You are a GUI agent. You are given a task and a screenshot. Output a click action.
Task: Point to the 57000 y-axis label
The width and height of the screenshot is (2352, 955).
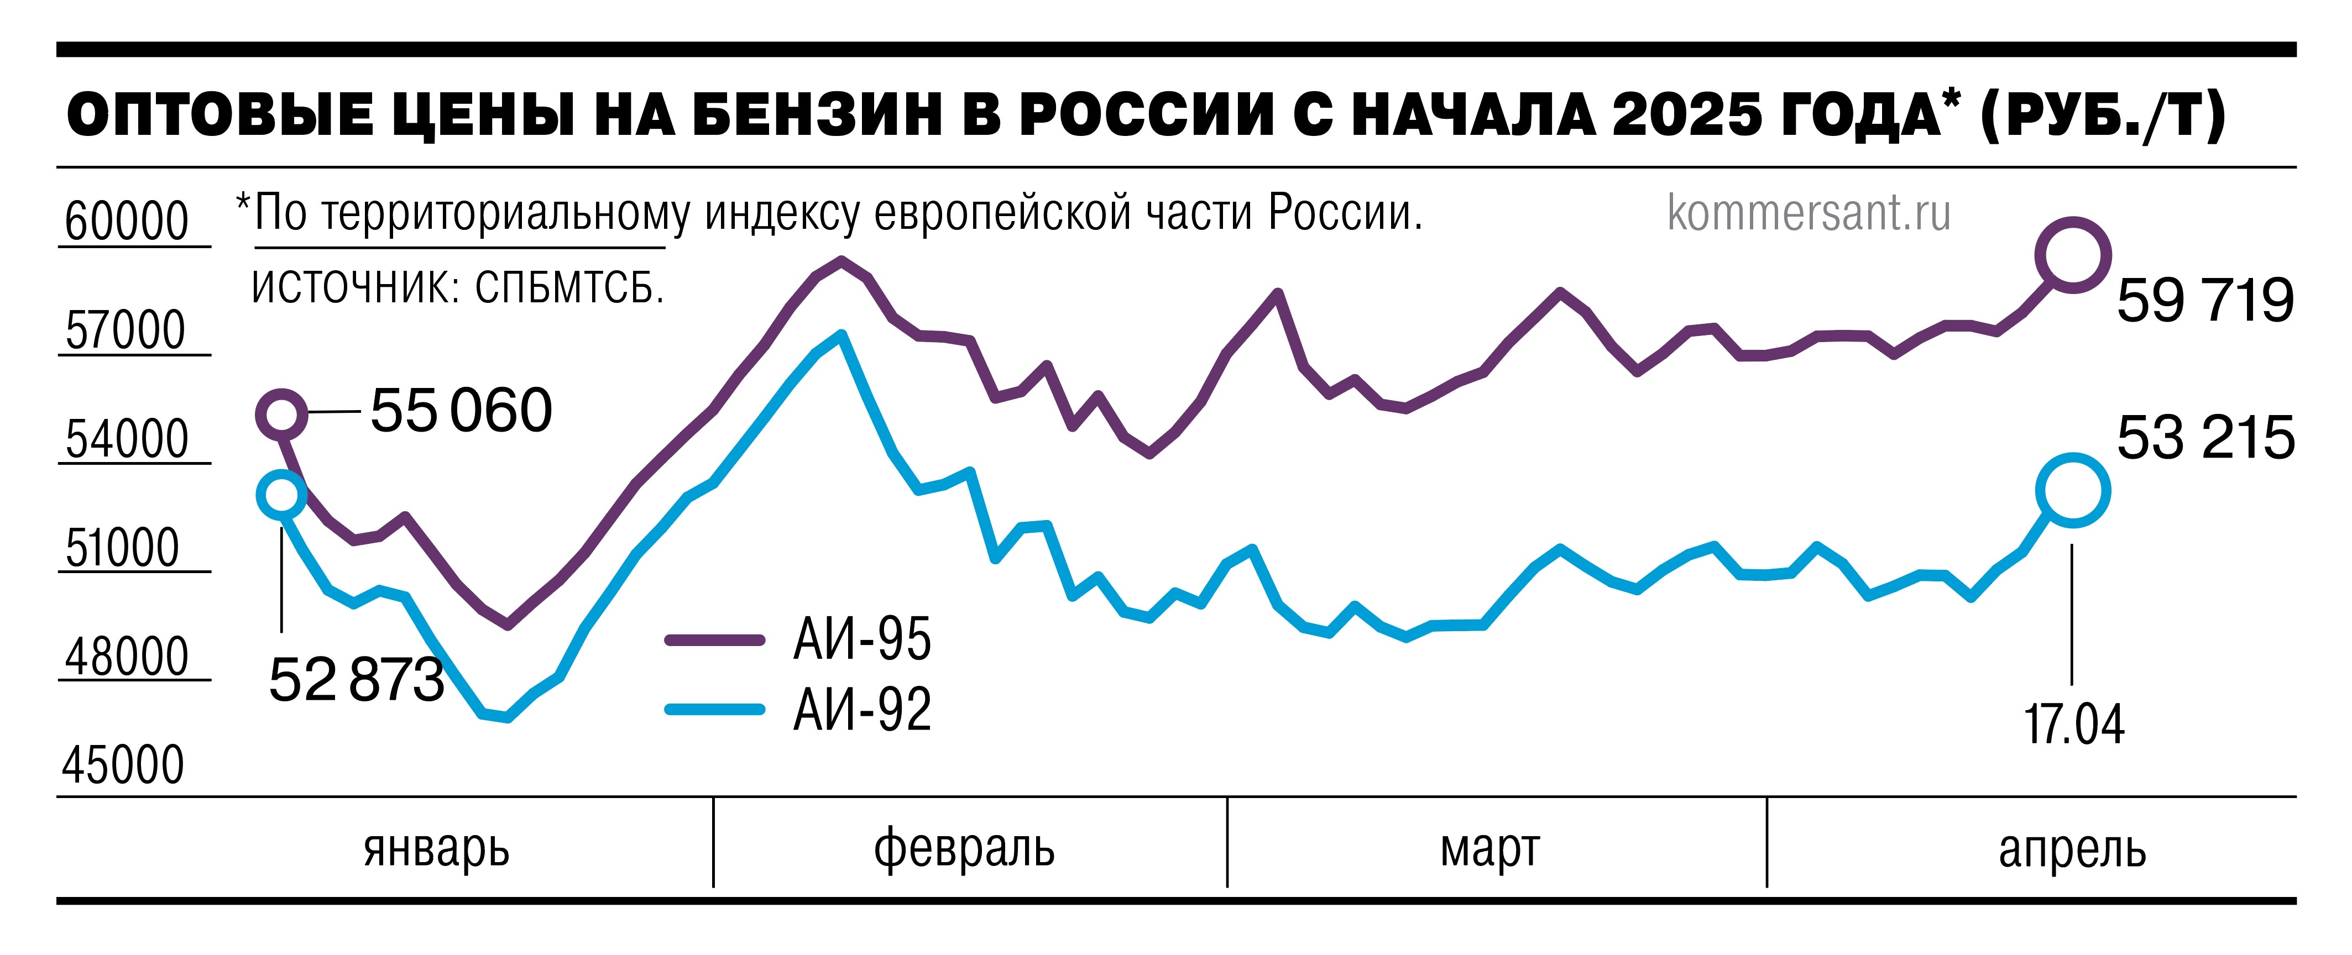tap(125, 330)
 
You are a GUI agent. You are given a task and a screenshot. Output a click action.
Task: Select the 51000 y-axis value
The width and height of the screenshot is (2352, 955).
tap(122, 548)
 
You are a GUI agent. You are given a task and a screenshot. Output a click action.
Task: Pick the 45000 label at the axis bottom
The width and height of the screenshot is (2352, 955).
tap(123, 765)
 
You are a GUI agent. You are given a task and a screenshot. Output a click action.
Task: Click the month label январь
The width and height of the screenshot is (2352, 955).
tap(436, 848)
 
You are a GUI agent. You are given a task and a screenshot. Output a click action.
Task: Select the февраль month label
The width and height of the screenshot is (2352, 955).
tap(964, 848)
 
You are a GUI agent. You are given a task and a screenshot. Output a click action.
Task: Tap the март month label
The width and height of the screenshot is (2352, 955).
tap(1490, 848)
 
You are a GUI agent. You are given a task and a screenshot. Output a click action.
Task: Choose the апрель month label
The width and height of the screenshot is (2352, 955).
tap(2073, 848)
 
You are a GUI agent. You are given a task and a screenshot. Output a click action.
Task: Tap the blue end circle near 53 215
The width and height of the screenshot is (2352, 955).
tap(2073, 490)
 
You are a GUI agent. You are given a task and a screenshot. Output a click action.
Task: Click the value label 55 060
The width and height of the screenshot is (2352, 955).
tap(461, 410)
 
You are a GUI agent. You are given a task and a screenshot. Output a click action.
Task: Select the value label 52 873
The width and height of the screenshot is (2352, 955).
tap(356, 680)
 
